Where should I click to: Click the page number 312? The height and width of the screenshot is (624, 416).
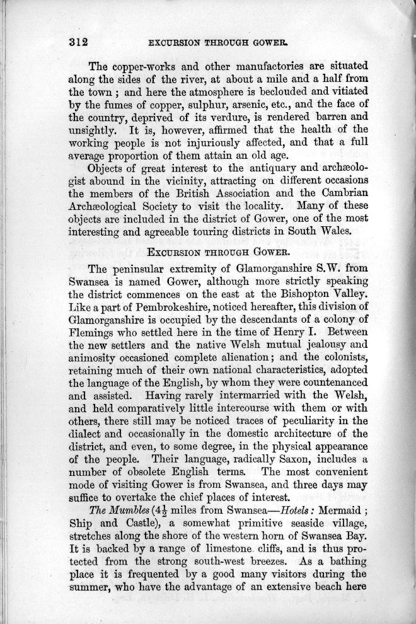[x=78, y=42]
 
